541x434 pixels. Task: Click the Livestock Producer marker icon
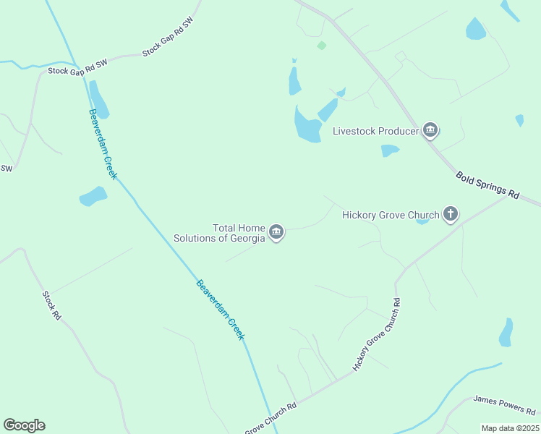(x=431, y=131)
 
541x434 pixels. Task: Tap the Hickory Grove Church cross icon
(x=451, y=214)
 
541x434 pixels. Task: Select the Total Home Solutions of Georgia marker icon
(x=276, y=232)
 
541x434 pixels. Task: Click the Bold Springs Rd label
(x=487, y=185)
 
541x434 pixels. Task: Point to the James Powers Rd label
(x=501, y=404)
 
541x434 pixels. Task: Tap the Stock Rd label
(x=50, y=305)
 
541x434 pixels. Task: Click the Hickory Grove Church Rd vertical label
(x=377, y=333)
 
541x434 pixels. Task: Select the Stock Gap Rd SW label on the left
(x=77, y=67)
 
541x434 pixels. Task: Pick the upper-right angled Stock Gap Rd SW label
(x=169, y=38)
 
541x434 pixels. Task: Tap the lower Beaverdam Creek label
(x=221, y=310)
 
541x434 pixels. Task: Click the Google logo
(x=24, y=425)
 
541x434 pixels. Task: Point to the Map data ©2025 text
(x=511, y=428)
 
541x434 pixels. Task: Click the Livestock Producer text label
(x=375, y=131)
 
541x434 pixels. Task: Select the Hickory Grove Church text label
(x=391, y=215)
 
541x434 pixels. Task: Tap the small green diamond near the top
(x=321, y=45)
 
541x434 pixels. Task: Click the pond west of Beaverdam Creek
(x=93, y=196)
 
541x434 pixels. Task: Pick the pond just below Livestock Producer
(x=390, y=150)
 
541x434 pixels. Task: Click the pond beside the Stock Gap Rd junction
(x=99, y=100)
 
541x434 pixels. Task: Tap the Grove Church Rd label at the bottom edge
(x=271, y=418)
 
